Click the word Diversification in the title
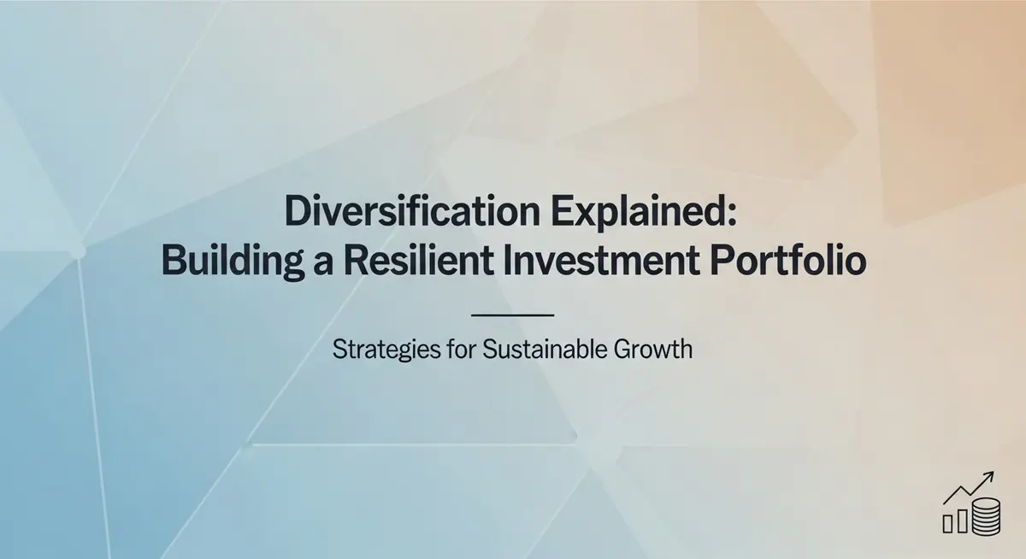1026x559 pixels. point(412,210)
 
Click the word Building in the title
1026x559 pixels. point(233,262)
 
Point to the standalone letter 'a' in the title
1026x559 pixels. point(323,266)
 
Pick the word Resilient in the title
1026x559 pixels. point(419,260)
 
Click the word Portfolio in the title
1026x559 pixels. point(788,260)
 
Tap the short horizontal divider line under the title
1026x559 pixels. point(512,315)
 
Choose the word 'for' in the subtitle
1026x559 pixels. point(463,350)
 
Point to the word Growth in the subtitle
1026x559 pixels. point(653,350)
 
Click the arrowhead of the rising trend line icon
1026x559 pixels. point(989,476)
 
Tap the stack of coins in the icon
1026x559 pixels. point(986,516)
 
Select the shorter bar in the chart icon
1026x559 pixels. point(947,523)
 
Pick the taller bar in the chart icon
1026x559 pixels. point(963,521)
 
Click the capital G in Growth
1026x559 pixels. point(623,350)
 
